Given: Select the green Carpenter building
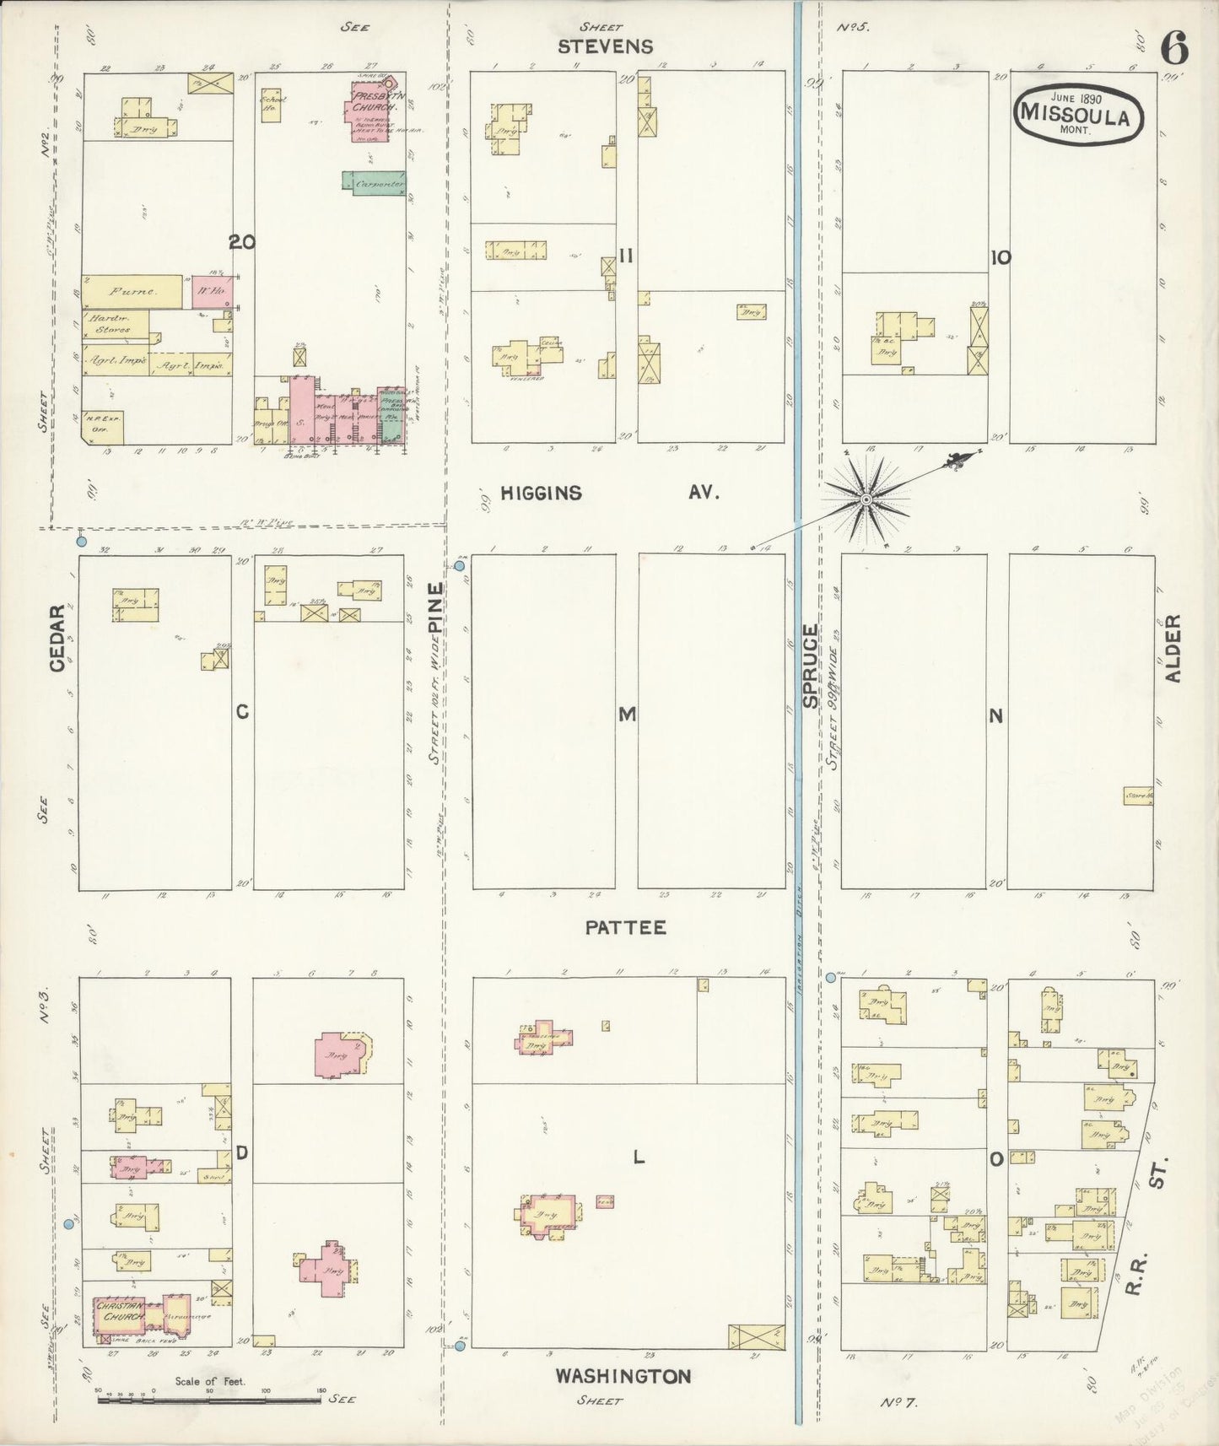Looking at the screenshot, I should (x=374, y=181).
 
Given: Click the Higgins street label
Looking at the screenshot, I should (x=541, y=493).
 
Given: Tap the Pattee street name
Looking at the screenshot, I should (x=625, y=927).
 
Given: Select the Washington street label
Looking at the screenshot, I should (x=623, y=1376).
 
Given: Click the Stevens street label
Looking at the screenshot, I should (x=605, y=46).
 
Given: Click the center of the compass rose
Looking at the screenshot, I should (x=866, y=500).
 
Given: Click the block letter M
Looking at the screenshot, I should (x=626, y=715).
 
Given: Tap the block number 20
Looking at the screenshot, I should (x=241, y=242).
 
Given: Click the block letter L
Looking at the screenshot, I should (x=639, y=1158).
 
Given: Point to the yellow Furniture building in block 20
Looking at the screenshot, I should (x=132, y=292).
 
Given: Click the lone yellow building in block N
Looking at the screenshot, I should (x=1138, y=795).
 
